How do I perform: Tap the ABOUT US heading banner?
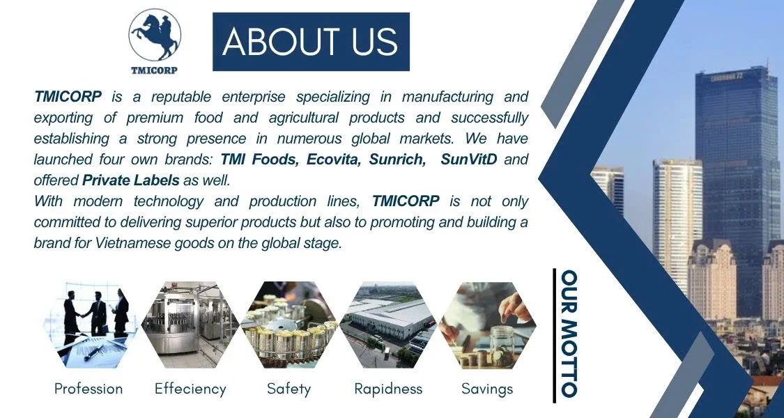pyautogui.click(x=311, y=42)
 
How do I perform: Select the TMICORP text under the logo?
pyautogui.click(x=154, y=70)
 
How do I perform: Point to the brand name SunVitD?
pyautogui.click(x=469, y=159)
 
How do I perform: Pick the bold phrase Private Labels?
pyautogui.click(x=130, y=180)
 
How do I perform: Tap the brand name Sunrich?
pyautogui.click(x=397, y=159)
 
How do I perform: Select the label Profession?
pyautogui.click(x=89, y=389)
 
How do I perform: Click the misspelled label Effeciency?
pyautogui.click(x=190, y=389)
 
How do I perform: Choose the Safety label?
pyautogui.click(x=289, y=389)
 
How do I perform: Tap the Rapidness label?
pyautogui.click(x=388, y=389)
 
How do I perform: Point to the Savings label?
pyautogui.click(x=488, y=389)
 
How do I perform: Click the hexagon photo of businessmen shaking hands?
pyautogui.click(x=91, y=325)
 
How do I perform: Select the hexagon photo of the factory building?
pyautogui.click(x=388, y=325)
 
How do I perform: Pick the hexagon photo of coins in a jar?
pyautogui.click(x=488, y=325)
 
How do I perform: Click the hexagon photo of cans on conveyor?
pyautogui.click(x=289, y=325)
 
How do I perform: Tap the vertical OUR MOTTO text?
pyautogui.click(x=569, y=334)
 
